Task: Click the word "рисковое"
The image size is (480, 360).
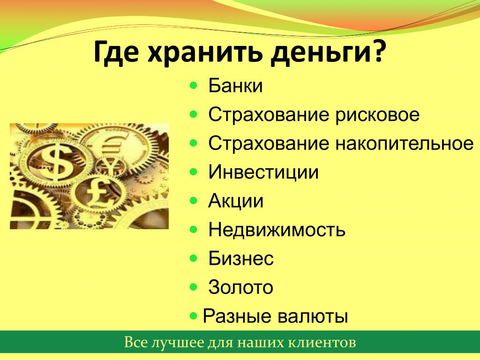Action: pos(377,115)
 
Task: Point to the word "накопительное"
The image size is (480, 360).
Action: pos(405,143)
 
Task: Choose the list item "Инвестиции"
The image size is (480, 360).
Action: pos(263,172)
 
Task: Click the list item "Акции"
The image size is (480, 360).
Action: pos(236,201)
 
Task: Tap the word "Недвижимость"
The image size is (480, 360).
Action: pos(277,230)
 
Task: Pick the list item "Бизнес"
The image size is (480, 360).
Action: pos(241,258)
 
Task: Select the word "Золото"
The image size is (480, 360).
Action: pos(240,287)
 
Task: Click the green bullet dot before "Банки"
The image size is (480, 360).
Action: pos(194,85)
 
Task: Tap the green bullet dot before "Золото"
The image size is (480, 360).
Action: pos(194,287)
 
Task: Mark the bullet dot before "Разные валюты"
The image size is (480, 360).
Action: pos(194,315)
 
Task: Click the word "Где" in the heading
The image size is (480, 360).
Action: pos(118,52)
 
